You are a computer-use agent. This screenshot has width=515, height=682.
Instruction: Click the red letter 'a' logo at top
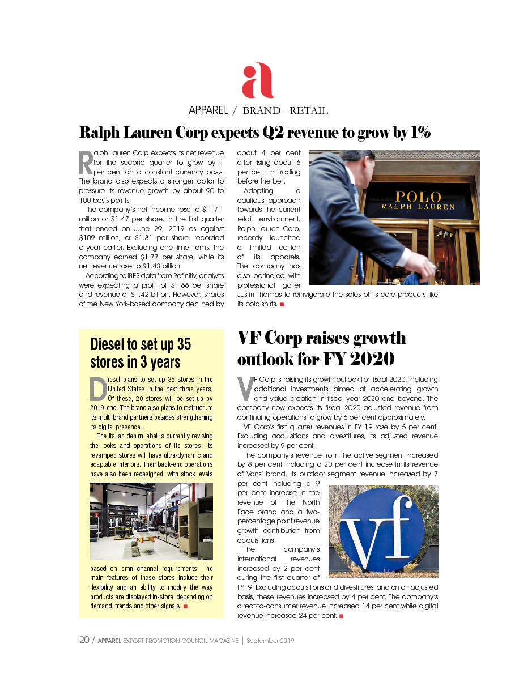tap(258, 80)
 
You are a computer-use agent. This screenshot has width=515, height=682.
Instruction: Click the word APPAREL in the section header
tap(208, 110)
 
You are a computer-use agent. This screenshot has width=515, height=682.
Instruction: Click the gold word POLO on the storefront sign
tap(418, 197)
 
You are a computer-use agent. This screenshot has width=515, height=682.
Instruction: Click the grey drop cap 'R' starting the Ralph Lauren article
tap(85, 163)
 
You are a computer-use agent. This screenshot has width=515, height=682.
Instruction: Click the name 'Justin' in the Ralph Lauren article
tap(248, 295)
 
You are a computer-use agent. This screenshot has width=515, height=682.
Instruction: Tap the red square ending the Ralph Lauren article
tap(282, 305)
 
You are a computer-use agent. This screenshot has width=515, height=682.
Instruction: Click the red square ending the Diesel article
tap(185, 607)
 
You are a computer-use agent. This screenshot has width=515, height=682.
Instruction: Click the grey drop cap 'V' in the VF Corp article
tap(245, 389)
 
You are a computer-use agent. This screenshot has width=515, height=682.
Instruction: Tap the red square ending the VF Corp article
tap(341, 616)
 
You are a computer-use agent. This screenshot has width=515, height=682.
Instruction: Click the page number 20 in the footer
tap(84, 640)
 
